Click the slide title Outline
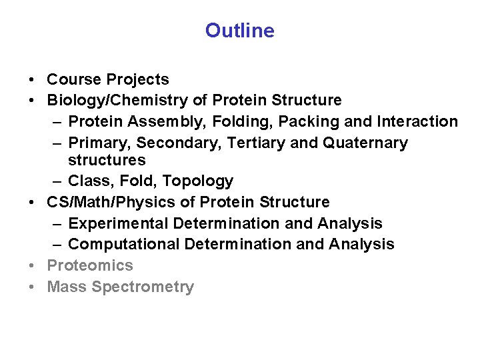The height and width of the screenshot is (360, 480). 239,31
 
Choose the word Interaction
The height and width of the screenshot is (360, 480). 417,121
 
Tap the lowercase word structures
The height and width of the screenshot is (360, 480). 107,160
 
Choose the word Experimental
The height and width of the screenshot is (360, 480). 123,223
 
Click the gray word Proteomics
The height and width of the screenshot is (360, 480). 90,265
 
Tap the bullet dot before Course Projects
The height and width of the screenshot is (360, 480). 32,80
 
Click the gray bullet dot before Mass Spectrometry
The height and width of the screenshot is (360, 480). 32,287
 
